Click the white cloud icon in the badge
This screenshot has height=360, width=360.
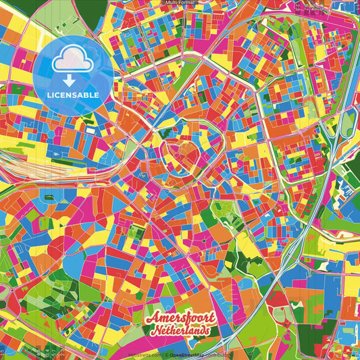tap(74, 60)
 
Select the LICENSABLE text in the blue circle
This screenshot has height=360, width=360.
tap(74, 95)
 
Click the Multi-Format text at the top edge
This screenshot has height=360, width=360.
tap(180, 3)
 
